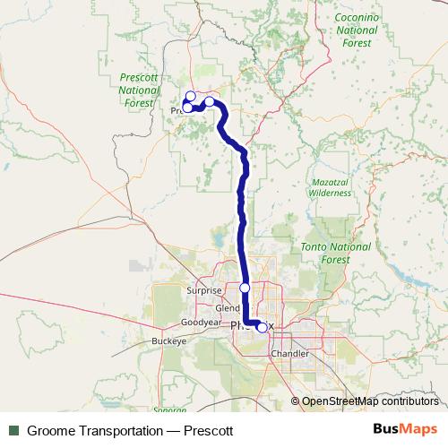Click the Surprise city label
pos(202,290)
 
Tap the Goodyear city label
pos(201,322)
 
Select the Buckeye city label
pos(168,341)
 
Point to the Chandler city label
pos(289,354)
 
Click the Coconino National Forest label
pos(358,30)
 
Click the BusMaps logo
pos(406,429)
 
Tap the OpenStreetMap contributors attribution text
pos(372,401)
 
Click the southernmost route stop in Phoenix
pos(261,327)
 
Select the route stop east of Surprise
pos(245,288)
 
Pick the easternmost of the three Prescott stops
pos(210,102)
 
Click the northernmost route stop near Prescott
pos(190,96)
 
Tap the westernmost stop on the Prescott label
pos(187,108)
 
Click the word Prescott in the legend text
pos(209,430)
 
